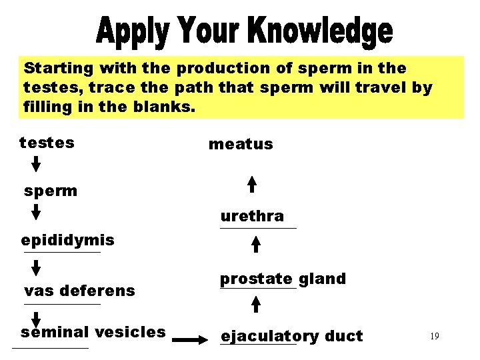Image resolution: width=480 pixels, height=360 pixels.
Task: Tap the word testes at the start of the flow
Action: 47,143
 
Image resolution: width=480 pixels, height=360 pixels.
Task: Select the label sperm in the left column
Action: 51,191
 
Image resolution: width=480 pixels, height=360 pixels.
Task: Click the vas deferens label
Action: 79,291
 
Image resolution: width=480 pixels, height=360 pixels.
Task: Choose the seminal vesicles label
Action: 93,332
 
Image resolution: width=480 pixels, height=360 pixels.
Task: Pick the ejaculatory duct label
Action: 291,337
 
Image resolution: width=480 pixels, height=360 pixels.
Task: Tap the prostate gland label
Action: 283,279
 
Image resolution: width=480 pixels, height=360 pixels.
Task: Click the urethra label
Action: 252,217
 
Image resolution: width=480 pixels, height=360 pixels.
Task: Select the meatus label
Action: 241,144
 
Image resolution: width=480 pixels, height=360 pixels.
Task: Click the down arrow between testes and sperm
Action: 37,163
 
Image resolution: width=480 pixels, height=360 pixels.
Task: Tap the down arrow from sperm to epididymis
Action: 37,211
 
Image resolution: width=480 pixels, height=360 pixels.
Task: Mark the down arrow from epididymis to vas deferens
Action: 37,267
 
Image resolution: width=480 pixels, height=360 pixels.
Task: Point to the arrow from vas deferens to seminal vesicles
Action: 37,318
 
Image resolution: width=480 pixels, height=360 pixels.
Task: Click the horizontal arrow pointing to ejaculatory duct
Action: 190,340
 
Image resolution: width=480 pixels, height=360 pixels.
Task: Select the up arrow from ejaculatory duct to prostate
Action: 255,305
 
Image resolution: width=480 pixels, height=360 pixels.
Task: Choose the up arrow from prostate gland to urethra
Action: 255,245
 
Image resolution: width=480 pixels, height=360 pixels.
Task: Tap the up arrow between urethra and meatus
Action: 252,184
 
